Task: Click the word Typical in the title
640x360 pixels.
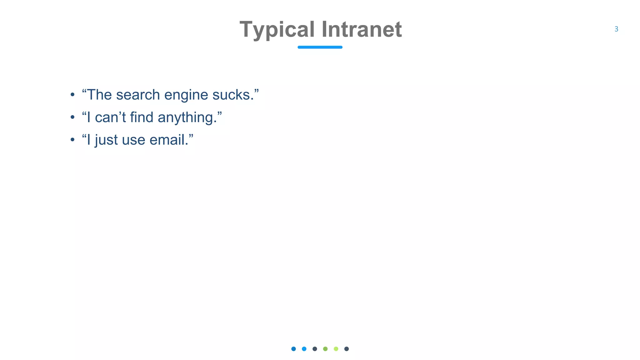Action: tap(277, 30)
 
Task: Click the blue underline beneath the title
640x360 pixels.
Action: tap(320, 47)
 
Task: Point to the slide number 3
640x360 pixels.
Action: tap(616, 29)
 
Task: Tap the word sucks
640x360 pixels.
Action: tap(233, 95)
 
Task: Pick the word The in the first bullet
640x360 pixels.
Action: tap(99, 95)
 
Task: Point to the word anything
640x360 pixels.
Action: tap(187, 118)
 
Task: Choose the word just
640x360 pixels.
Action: tap(106, 140)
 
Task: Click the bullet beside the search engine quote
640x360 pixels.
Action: tap(72, 95)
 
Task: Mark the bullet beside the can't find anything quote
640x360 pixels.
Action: tap(72, 117)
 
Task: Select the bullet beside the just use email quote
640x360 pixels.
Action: tap(72, 140)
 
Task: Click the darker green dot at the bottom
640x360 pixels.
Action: tap(325, 349)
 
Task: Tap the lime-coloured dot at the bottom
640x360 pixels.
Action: tap(336, 349)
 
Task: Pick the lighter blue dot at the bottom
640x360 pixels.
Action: tap(304, 349)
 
